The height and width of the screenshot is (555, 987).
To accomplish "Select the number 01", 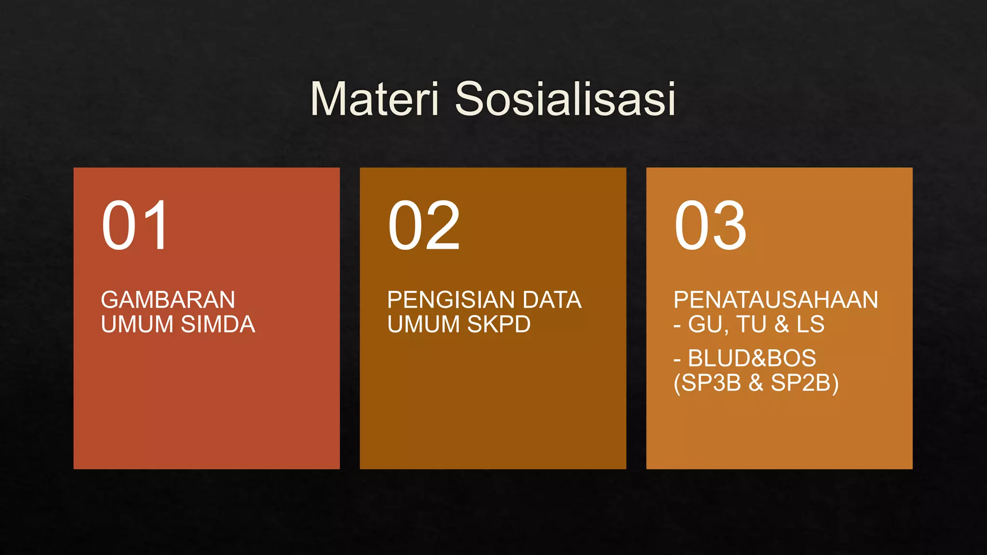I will coord(135,225).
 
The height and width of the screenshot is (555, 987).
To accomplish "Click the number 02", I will coord(424,225).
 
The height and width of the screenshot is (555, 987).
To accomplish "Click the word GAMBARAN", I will coord(168,300).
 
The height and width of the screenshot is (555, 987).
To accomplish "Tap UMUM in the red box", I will coord(137,324).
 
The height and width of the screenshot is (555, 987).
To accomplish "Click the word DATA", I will coord(552,300).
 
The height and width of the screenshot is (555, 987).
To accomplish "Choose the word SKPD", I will coord(499,324).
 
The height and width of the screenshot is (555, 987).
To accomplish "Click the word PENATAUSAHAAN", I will coord(775,300).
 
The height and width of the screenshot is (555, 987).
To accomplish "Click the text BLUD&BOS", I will coord(752,358).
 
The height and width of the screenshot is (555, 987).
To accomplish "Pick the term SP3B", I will coord(709,383).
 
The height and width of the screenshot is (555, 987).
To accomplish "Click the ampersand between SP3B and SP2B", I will coord(756,383).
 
